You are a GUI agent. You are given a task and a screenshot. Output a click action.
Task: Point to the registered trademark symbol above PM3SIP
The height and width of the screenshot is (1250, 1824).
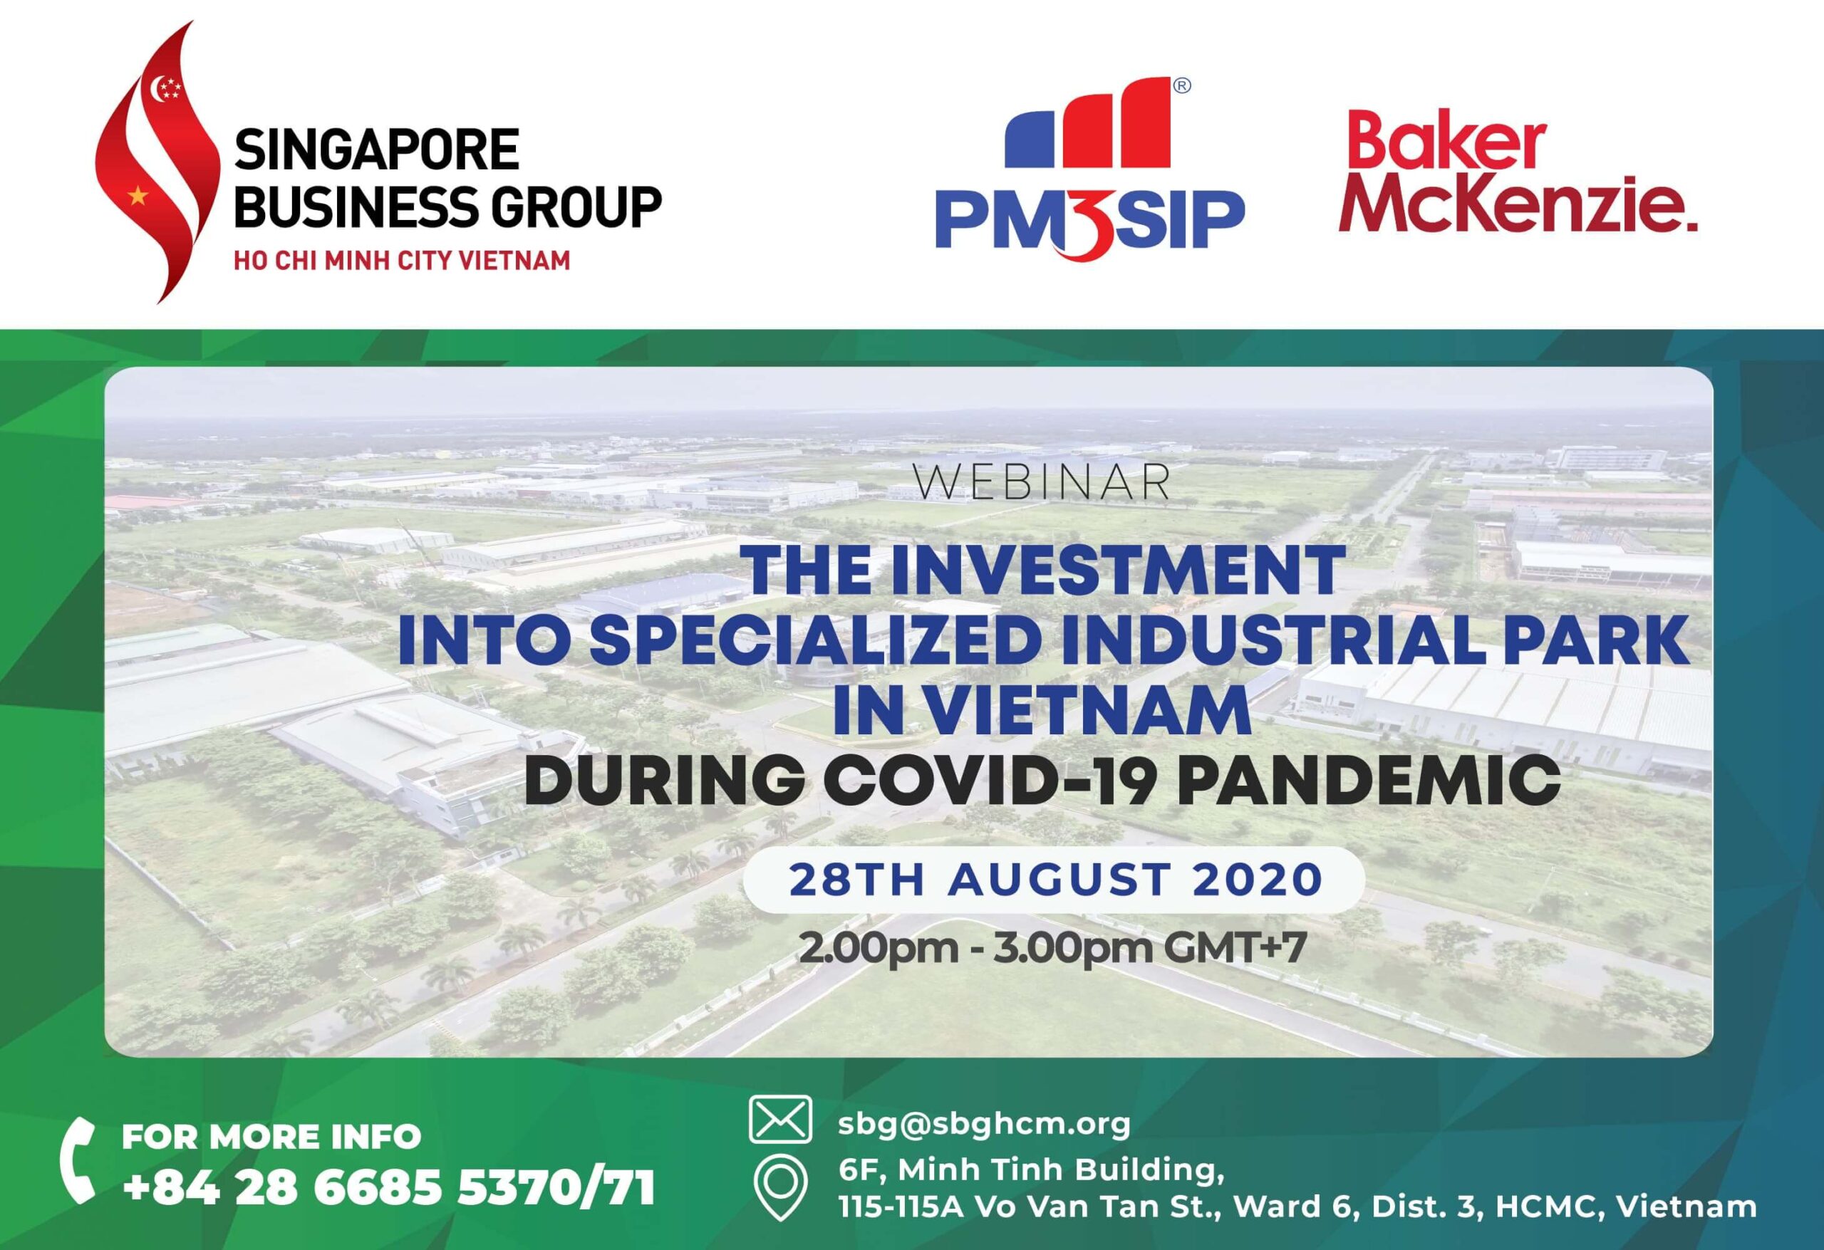coord(1181,86)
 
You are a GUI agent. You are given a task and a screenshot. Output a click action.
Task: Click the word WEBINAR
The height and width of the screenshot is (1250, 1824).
coord(1042,484)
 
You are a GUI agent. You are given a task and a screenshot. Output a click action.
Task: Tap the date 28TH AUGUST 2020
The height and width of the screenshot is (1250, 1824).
coord(1056,880)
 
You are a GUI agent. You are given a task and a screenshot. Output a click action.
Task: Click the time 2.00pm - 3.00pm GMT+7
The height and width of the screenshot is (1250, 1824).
coord(1052,948)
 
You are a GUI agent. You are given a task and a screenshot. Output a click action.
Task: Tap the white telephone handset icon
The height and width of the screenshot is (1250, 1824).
coord(78,1162)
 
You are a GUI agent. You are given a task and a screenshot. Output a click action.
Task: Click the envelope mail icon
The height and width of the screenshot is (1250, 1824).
coord(780,1118)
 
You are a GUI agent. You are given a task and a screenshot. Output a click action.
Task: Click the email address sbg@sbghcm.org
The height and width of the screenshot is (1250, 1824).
coord(984,1124)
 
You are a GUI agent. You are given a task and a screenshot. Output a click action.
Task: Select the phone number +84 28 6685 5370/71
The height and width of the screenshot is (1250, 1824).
coord(388,1188)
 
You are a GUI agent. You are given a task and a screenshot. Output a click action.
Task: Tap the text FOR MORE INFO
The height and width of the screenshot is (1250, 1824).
coord(271,1137)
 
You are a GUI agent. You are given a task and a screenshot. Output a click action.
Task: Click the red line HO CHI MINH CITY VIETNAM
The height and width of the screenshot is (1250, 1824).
coord(402,261)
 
